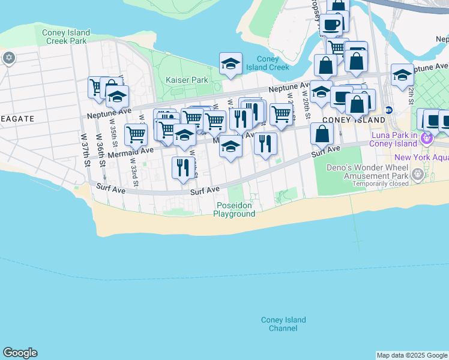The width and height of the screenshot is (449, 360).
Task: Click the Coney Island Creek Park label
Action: pyautogui.click(x=66, y=37)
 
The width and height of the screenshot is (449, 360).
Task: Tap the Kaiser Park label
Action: pyautogui.click(x=187, y=80)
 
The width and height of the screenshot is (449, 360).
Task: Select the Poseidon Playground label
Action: pyautogui.click(x=234, y=209)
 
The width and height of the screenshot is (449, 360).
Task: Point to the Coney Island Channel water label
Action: pyautogui.click(x=283, y=324)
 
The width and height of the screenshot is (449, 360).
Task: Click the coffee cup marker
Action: pyautogui.click(x=331, y=25)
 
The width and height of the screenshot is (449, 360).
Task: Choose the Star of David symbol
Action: pyautogui.click(x=8, y=58)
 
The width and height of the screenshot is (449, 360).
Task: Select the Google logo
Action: pyautogui.click(x=20, y=353)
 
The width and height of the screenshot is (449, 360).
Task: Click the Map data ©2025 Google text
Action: pyautogui.click(x=412, y=355)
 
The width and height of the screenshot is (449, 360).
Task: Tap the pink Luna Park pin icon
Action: pyautogui.click(x=427, y=139)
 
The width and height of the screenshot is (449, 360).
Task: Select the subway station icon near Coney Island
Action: pyautogui.click(x=388, y=110)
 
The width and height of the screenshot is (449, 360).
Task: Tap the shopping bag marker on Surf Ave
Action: pyautogui.click(x=322, y=134)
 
